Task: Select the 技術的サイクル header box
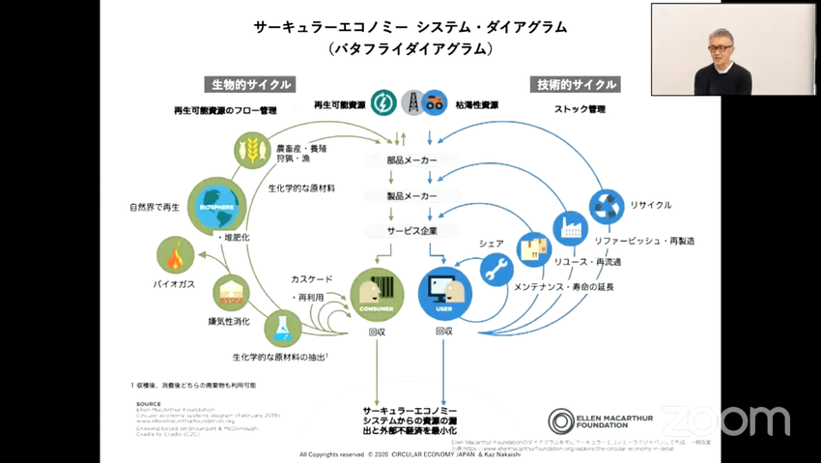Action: pyautogui.click(x=577, y=84)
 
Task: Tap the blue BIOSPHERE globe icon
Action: pyautogui.click(x=216, y=206)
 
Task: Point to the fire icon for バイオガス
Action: pyautogui.click(x=175, y=255)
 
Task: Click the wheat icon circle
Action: pyautogui.click(x=252, y=150)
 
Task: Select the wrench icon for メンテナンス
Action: pyautogui.click(x=496, y=269)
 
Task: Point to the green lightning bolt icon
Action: pyautogui.click(x=383, y=102)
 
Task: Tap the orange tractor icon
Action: pyautogui.click(x=435, y=102)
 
